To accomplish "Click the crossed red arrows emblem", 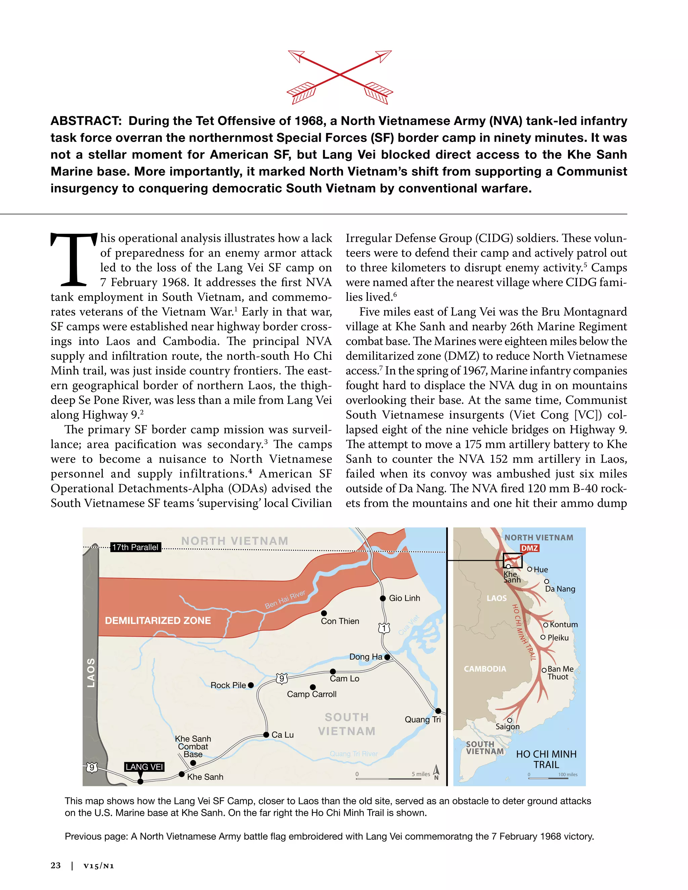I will point(340,75).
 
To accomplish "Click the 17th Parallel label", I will point(135,547).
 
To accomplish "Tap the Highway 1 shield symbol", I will point(384,628).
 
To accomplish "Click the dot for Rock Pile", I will point(251,685).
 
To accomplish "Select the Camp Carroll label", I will point(311,694).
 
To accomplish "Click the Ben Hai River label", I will point(285,599).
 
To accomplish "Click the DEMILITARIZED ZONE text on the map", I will point(158,621).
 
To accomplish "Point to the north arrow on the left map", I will point(436,771).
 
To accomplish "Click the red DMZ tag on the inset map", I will point(529,548).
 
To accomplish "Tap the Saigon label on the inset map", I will point(508,726).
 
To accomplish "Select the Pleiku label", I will point(558,638).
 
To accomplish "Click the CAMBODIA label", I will point(485,669).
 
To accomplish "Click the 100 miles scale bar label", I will point(567,774).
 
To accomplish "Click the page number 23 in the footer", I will point(56,865).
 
